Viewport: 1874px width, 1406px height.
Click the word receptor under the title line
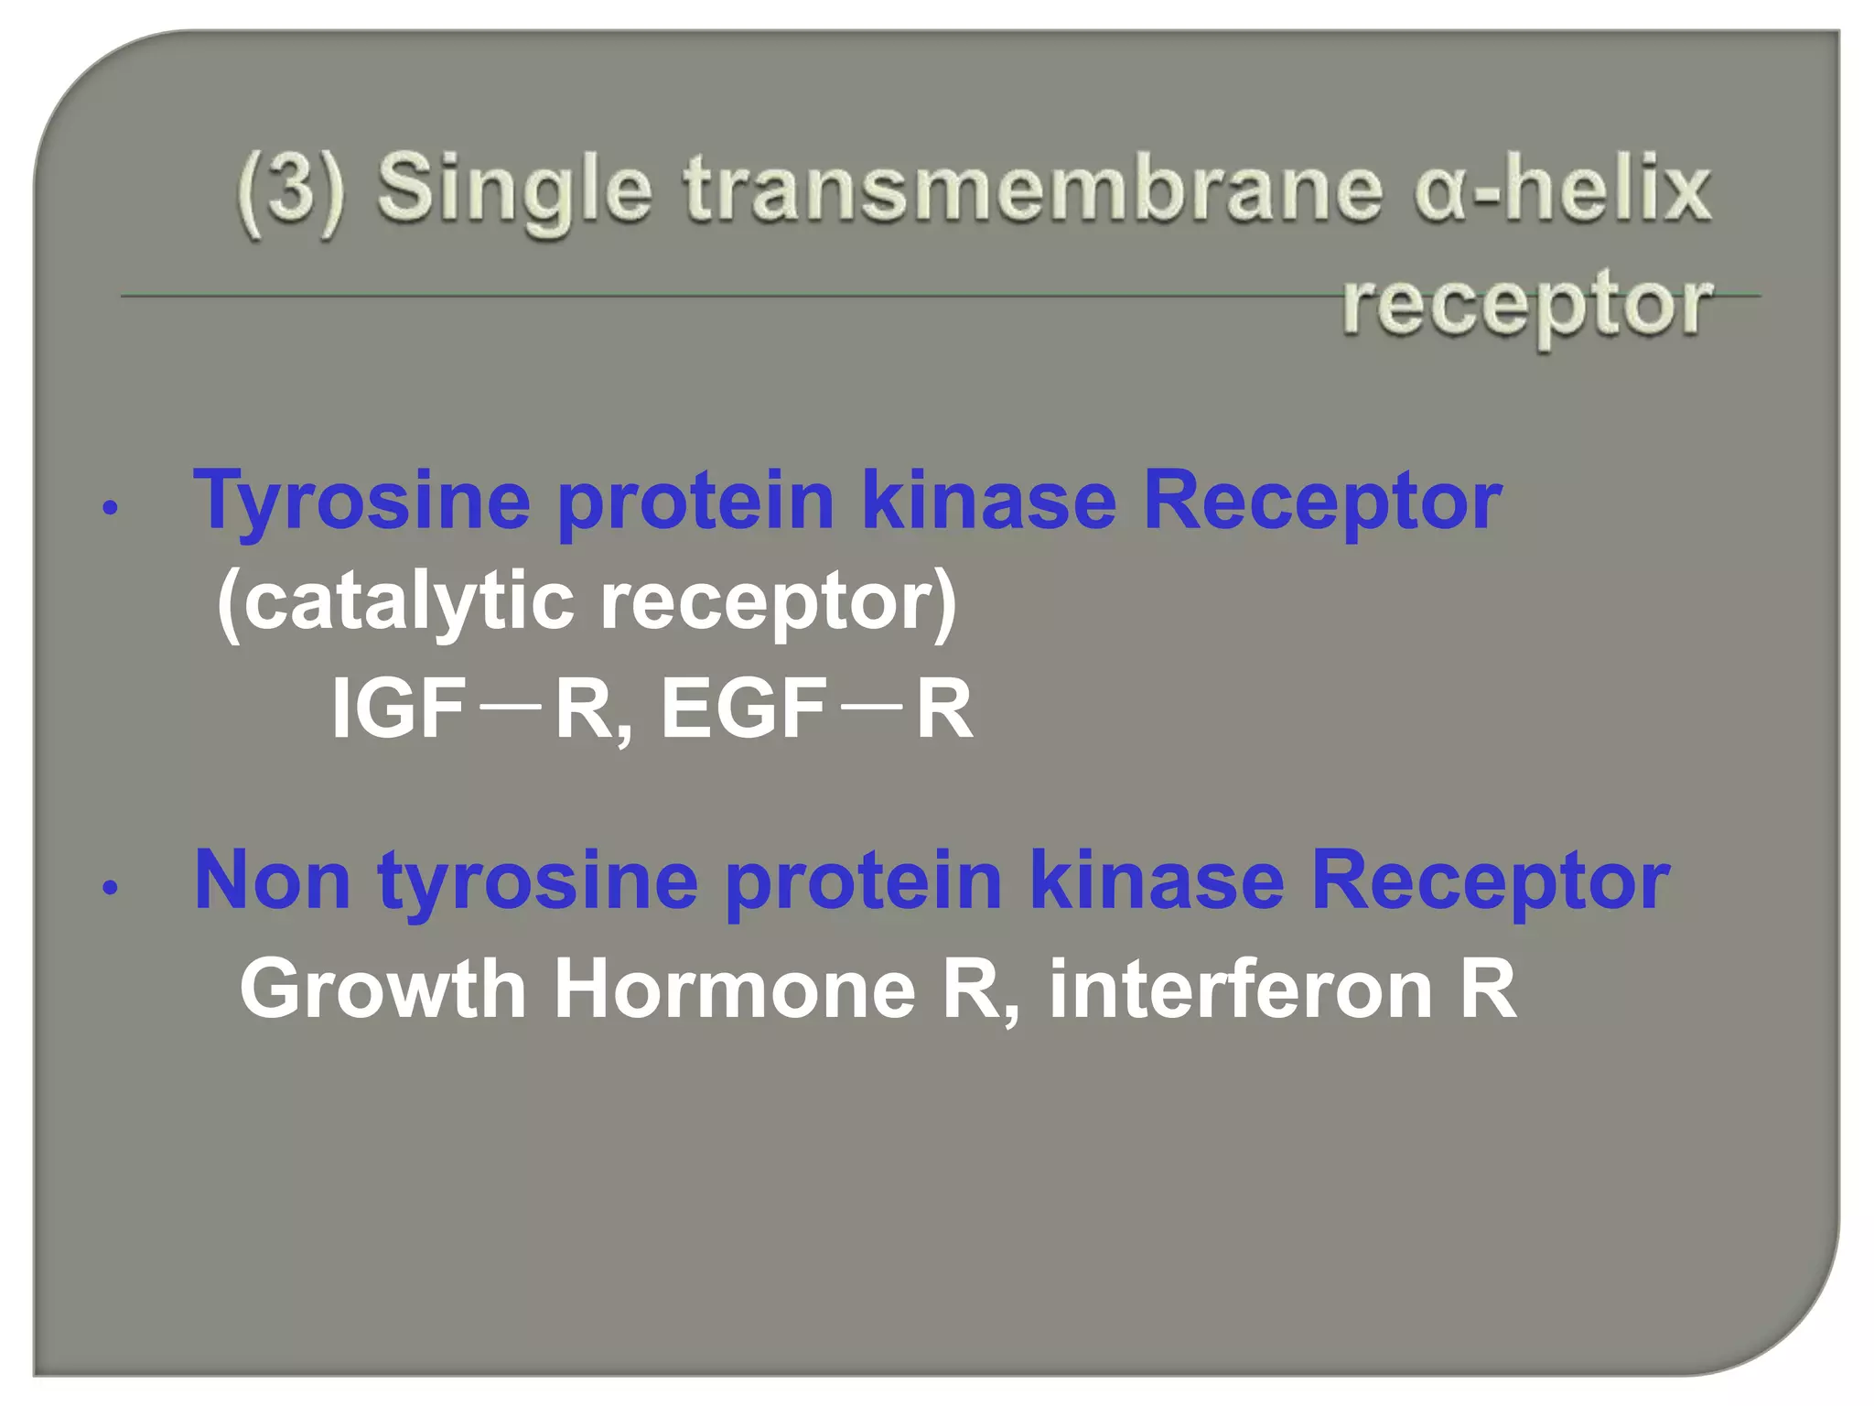tap(1526, 305)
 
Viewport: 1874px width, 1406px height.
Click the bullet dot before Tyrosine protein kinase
tap(111, 509)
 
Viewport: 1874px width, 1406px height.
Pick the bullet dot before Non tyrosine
tap(111, 888)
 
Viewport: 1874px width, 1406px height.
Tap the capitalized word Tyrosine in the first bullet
tap(361, 502)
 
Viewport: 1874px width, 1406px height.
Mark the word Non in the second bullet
tap(272, 880)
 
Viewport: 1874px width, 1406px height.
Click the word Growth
tap(382, 989)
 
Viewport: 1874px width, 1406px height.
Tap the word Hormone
tap(734, 989)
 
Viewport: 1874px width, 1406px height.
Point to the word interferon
tap(1240, 989)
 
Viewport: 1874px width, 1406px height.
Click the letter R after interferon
tap(1488, 989)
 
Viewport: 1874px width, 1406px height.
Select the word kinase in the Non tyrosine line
tap(1157, 880)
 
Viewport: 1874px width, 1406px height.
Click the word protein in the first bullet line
tap(695, 502)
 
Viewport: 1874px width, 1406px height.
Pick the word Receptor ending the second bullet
tap(1490, 880)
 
